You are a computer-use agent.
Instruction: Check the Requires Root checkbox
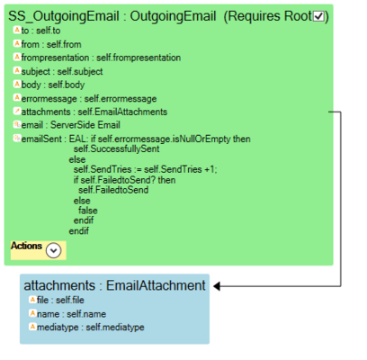pyautogui.click(x=318, y=16)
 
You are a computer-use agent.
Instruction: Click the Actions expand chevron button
pyautogui.click(x=54, y=250)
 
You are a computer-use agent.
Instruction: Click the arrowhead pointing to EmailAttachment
pyautogui.click(x=217, y=286)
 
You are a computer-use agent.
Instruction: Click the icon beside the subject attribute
pyautogui.click(x=17, y=70)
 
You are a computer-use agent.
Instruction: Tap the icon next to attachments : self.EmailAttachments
pyautogui.click(x=17, y=111)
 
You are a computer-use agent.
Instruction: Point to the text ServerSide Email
pyautogui.click(x=85, y=125)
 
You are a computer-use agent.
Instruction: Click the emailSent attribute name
pyautogui.click(x=41, y=139)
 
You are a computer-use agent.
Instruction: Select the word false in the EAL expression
pyautogui.click(x=88, y=211)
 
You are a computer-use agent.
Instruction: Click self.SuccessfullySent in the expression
pyautogui.click(x=117, y=148)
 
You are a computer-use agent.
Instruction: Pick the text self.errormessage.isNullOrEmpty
pyautogui.click(x=165, y=139)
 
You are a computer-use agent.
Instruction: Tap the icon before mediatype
pyautogui.click(x=32, y=327)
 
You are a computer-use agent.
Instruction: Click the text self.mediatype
pyautogui.click(x=115, y=327)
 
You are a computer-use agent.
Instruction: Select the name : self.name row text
pyautogui.click(x=71, y=314)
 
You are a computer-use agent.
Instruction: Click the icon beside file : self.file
pyautogui.click(x=32, y=299)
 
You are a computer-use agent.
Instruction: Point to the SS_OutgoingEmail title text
pyautogui.click(x=64, y=16)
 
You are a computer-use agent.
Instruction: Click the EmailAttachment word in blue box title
pyautogui.click(x=156, y=285)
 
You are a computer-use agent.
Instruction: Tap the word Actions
pyautogui.click(x=26, y=246)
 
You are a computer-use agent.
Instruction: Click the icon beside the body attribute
pyautogui.click(x=17, y=84)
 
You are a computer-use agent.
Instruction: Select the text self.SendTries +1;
pyautogui.click(x=181, y=169)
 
